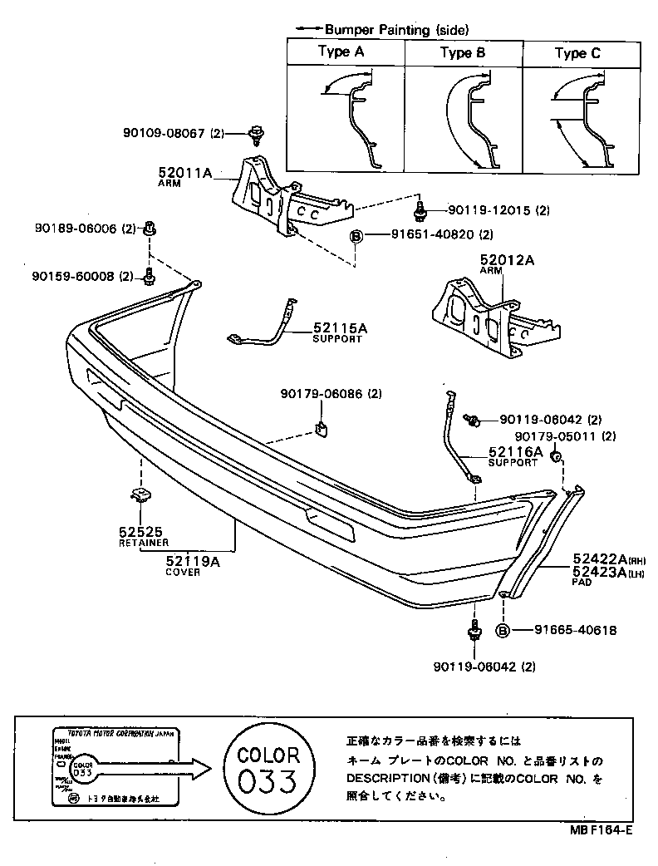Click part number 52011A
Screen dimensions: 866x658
tap(185, 174)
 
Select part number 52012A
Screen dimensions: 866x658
tap(506, 260)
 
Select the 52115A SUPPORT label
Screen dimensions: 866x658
tap(339, 332)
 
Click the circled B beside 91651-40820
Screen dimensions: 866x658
tap(356, 234)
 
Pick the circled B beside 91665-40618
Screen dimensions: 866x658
tap(503, 631)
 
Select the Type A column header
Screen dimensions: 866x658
tap(341, 52)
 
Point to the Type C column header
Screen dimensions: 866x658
tap(577, 54)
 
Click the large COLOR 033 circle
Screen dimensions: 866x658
tap(268, 769)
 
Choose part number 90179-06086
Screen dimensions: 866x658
tap(320, 393)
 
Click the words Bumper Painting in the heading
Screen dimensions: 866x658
tap(377, 29)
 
